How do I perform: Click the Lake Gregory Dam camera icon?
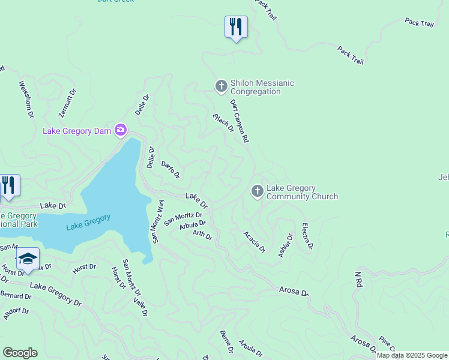tap(121, 130)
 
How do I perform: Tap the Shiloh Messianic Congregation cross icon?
tap(221, 87)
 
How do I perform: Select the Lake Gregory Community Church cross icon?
tap(257, 192)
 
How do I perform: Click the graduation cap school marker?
tap(28, 259)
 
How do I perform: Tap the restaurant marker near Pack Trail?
tap(236, 26)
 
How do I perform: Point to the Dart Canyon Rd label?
tap(239, 121)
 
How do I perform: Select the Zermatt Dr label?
tap(68, 103)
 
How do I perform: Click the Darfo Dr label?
tap(170, 169)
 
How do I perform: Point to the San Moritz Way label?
tap(158, 221)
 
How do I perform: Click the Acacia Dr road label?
tap(255, 241)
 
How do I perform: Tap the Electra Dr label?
tap(307, 236)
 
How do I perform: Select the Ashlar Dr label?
tap(285, 245)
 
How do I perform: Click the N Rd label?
tap(358, 278)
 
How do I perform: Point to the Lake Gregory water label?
tap(88, 222)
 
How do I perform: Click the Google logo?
tap(20, 353)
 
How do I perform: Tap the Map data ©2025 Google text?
tap(411, 356)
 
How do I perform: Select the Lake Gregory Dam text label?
tap(77, 131)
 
